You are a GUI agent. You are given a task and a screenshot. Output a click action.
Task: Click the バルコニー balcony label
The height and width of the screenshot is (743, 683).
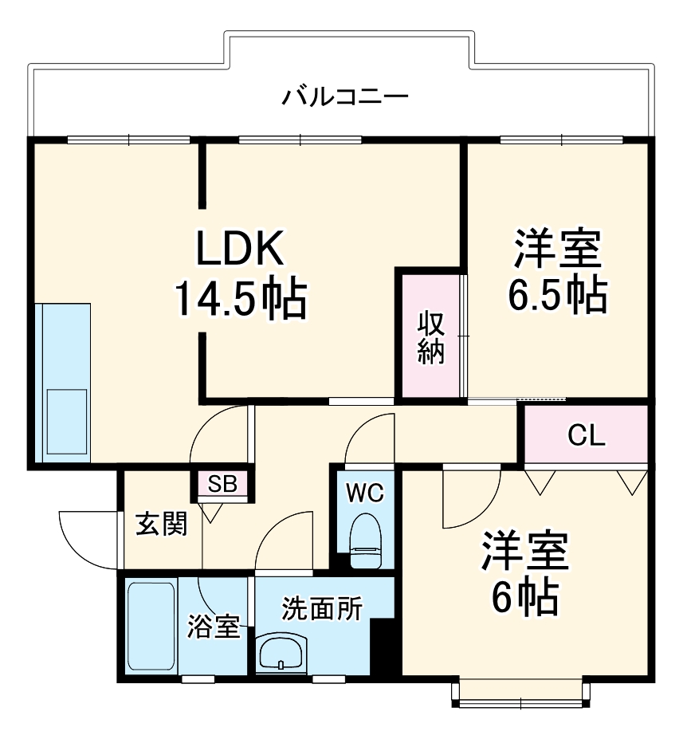click(x=346, y=98)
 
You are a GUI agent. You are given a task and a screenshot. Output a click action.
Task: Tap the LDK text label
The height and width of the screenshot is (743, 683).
click(x=240, y=250)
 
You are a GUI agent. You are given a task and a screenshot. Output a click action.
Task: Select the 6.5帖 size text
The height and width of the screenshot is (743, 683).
click(x=557, y=296)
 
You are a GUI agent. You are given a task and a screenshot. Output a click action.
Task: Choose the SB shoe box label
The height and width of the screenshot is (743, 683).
click(x=222, y=484)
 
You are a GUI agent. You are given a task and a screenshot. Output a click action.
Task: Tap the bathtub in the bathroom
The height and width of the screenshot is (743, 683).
click(x=151, y=627)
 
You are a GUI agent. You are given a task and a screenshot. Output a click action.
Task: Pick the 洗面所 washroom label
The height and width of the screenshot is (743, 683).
click(x=322, y=609)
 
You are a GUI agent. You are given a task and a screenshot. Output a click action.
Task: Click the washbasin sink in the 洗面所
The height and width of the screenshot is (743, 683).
click(x=281, y=653)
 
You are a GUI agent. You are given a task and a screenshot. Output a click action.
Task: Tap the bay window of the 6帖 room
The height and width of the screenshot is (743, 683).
click(x=521, y=694)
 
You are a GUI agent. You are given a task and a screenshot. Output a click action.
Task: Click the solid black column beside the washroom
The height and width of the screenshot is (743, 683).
click(x=384, y=647)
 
